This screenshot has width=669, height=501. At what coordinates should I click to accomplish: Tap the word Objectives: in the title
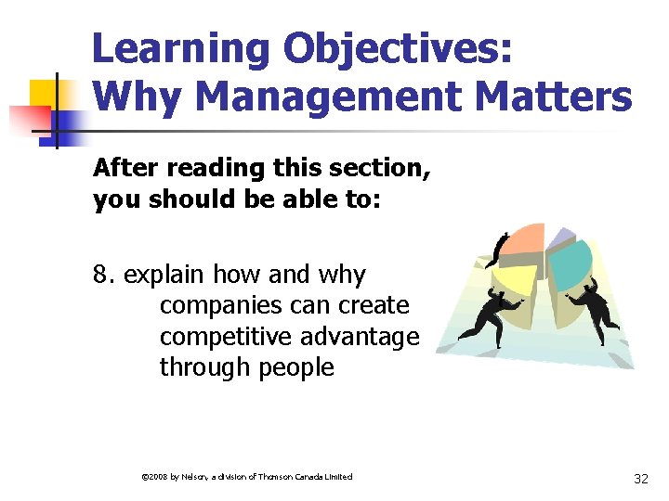pyautogui.click(x=415, y=49)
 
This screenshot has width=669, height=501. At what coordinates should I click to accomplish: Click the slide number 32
pyautogui.click(x=640, y=479)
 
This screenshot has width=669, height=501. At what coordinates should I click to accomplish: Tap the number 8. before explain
pyautogui.click(x=105, y=275)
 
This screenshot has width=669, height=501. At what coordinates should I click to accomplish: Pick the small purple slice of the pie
pyautogui.click(x=561, y=238)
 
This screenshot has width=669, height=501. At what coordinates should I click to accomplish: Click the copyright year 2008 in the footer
pyautogui.click(x=152, y=477)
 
